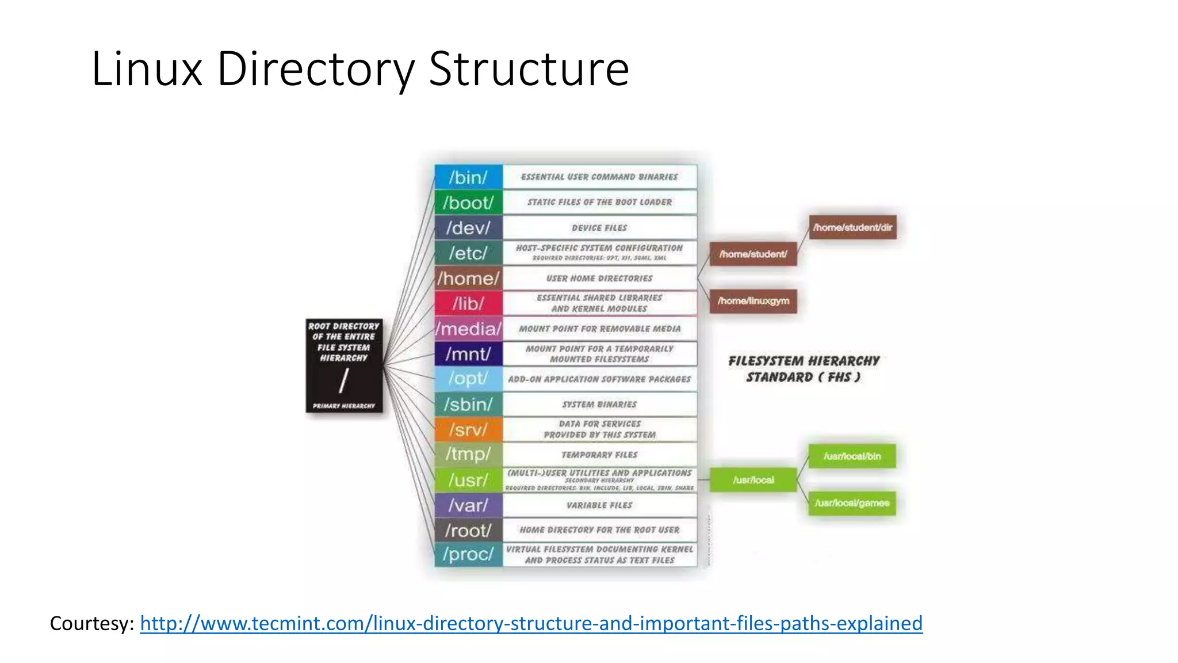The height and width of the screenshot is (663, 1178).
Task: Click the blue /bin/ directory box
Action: (468, 177)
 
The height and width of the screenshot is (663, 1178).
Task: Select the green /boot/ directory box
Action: (468, 203)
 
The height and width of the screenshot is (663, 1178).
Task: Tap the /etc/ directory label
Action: (468, 253)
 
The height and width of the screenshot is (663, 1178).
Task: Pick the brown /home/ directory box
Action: (468, 279)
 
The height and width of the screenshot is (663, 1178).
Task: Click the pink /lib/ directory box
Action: (468, 303)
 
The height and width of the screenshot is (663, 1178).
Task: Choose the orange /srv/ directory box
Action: (468, 430)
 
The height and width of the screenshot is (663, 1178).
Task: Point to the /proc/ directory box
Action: (468, 554)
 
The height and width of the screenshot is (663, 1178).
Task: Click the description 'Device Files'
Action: (599, 228)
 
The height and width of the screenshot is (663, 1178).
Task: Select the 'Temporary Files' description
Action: (599, 455)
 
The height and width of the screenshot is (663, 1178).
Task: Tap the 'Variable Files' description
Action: (599, 505)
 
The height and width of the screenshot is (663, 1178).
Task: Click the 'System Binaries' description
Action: (599, 405)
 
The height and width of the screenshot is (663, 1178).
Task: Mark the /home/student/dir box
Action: (852, 227)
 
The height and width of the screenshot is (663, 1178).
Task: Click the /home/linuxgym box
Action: (753, 301)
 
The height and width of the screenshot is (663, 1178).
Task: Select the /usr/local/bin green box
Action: (852, 456)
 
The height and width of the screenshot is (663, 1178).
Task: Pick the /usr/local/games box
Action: (852, 503)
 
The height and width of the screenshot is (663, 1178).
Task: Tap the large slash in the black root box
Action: (344, 380)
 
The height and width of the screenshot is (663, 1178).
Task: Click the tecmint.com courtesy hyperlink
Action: (531, 623)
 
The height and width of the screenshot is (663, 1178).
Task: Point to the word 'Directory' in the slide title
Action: (316, 69)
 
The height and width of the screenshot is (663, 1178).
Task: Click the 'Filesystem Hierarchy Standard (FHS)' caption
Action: (804, 369)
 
